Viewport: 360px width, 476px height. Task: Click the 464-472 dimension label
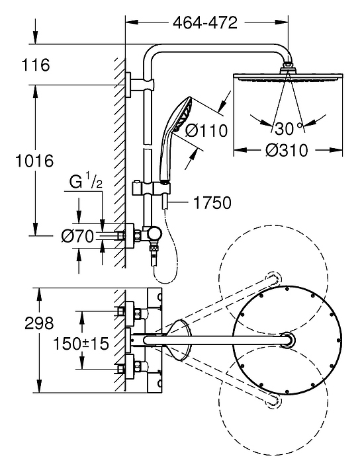point(205,22)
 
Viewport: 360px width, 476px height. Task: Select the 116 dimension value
point(36,65)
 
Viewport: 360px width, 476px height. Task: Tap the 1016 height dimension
point(34,161)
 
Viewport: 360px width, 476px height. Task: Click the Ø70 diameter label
point(77,236)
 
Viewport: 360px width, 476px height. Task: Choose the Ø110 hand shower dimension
point(206,130)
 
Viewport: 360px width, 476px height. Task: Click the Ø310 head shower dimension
point(287,150)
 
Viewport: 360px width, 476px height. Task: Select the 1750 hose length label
point(212,203)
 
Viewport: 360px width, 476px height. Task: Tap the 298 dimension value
point(39,323)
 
